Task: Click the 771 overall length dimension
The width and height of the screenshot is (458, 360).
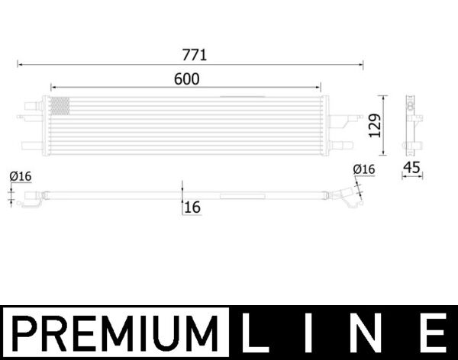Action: (x=194, y=55)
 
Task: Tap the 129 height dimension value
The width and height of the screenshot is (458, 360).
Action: (x=373, y=124)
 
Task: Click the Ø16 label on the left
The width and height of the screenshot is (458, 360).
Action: (x=21, y=177)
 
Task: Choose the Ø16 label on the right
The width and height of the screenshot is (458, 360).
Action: (x=364, y=169)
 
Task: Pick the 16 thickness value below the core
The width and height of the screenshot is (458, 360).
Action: (x=192, y=207)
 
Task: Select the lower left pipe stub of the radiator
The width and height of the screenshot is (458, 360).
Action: (x=32, y=145)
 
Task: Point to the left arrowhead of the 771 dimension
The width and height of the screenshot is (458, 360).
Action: (x=21, y=66)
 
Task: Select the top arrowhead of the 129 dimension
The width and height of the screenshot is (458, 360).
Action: (x=385, y=98)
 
